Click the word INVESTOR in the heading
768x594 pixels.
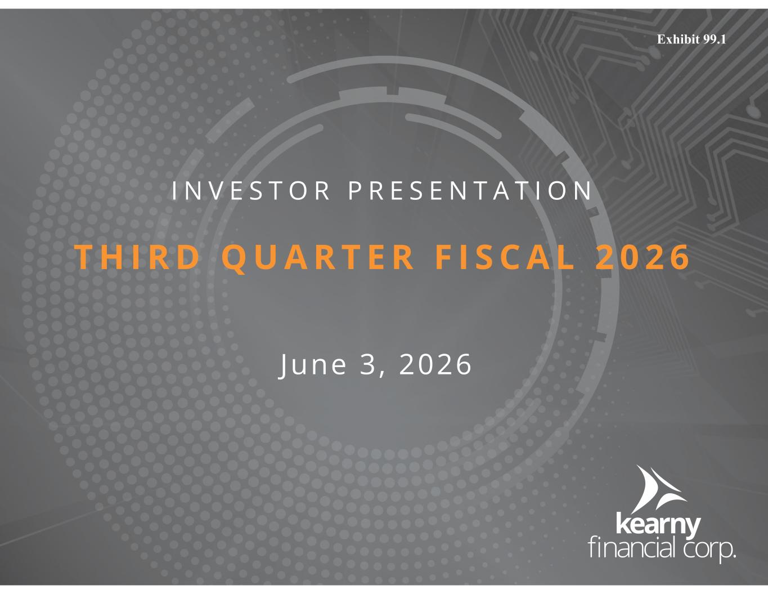[250, 191]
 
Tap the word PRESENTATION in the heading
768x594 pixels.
[470, 191]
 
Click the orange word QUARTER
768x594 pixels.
[318, 258]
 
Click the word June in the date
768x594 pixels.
[313, 365]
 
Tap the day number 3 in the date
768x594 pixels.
[367, 364]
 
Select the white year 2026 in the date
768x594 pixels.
[435, 364]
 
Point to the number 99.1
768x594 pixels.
[715, 39]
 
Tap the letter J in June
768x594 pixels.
[284, 366]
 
